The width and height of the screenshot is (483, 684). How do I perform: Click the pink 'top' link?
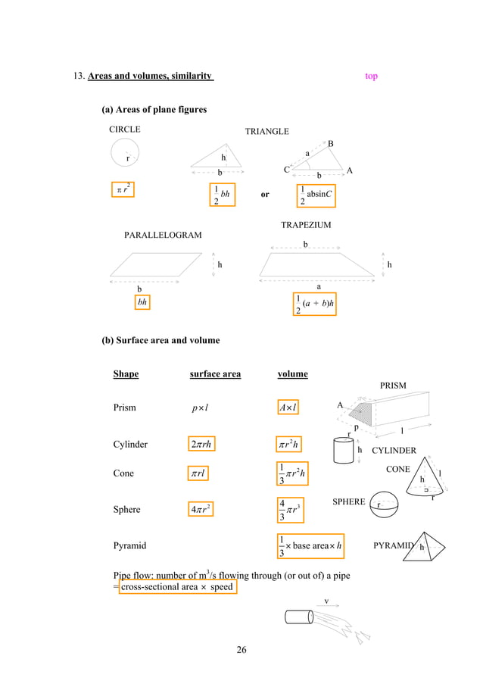(x=371, y=76)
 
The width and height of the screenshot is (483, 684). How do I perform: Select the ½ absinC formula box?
(x=319, y=194)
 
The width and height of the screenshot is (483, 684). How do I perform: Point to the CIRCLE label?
(x=125, y=130)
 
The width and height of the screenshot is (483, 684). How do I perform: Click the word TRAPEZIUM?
(x=306, y=225)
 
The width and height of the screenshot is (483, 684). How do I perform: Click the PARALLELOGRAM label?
(x=163, y=236)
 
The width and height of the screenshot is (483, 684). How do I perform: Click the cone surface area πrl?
(x=200, y=473)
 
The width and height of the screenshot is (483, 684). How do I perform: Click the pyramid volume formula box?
(x=313, y=545)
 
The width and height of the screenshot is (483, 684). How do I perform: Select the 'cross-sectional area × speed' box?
(x=178, y=587)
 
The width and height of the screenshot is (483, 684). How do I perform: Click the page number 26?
(x=241, y=649)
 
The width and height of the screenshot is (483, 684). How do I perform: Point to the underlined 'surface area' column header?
(x=215, y=373)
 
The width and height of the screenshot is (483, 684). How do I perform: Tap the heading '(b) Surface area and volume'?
(x=160, y=340)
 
